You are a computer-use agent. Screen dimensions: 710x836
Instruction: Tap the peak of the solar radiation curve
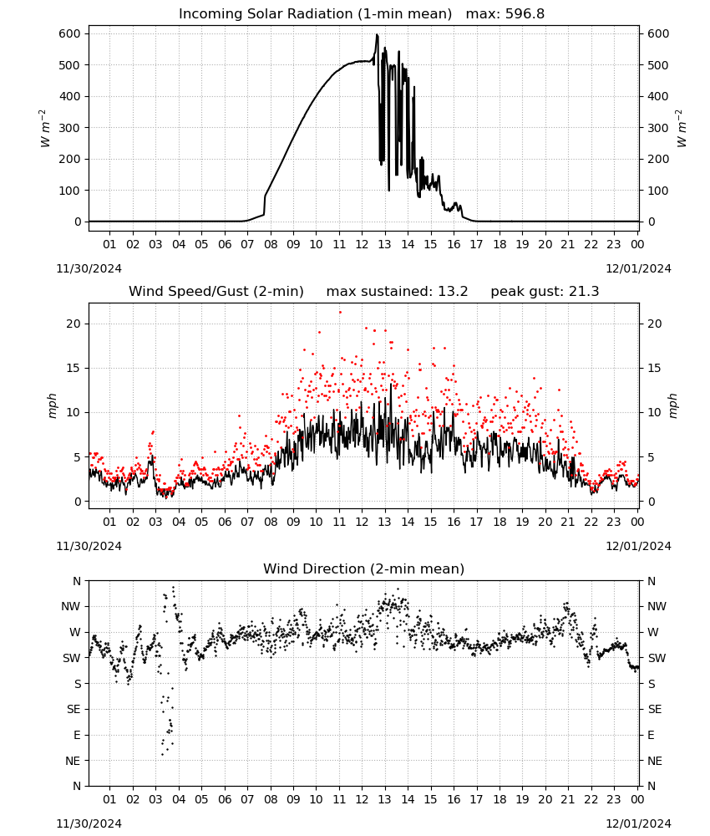pyautogui.click(x=377, y=35)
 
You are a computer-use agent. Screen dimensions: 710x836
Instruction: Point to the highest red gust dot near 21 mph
pyautogui.click(x=340, y=313)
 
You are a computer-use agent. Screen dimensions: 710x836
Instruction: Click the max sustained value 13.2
pyautogui.click(x=453, y=292)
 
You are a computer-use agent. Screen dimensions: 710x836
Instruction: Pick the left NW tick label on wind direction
pyautogui.click(x=71, y=607)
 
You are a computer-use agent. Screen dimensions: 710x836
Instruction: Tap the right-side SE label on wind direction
pyautogui.click(x=655, y=709)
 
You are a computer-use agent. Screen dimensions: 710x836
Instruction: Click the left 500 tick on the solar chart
pyautogui.click(x=70, y=65)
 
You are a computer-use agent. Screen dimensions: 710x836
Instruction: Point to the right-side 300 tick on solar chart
pyautogui.click(x=658, y=128)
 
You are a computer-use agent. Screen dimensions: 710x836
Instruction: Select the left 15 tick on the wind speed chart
pyautogui.click(x=74, y=369)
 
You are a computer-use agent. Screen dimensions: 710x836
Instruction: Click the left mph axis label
pyautogui.click(x=53, y=406)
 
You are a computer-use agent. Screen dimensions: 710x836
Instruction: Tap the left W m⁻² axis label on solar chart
pyautogui.click(x=45, y=129)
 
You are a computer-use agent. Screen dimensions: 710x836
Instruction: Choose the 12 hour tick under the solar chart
pyautogui.click(x=362, y=244)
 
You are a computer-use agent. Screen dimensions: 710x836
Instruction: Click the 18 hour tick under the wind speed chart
pyautogui.click(x=500, y=522)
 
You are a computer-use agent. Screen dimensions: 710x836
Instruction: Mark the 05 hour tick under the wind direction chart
pyautogui.click(x=201, y=799)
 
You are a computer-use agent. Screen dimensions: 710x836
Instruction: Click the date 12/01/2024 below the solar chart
pyautogui.click(x=639, y=268)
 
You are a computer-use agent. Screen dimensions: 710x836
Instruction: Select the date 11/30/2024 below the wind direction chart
pyautogui.click(x=89, y=823)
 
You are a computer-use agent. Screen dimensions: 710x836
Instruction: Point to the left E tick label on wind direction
pyautogui.click(x=77, y=735)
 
